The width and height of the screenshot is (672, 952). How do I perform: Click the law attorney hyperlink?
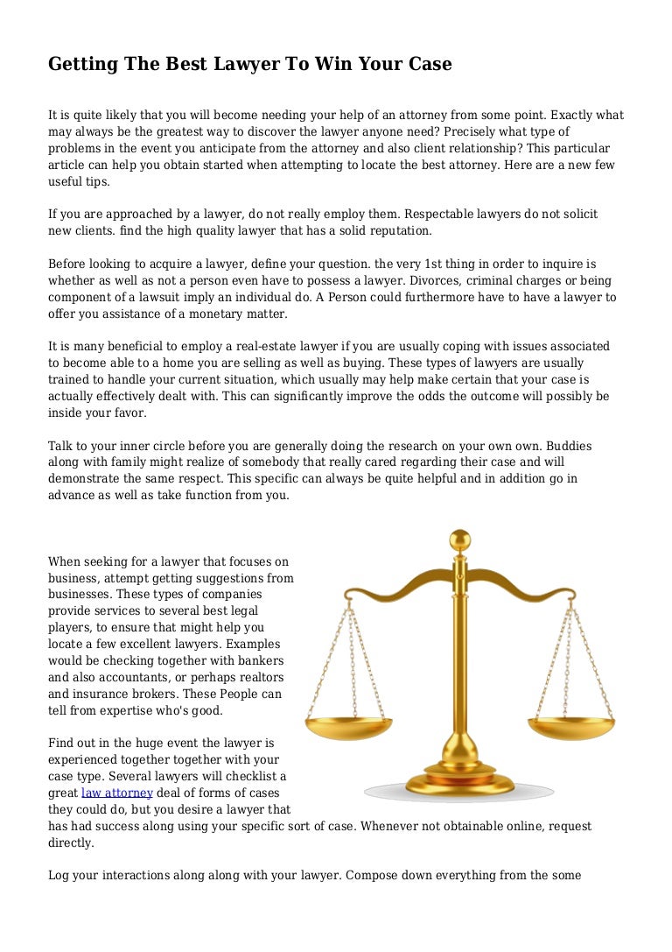point(116,793)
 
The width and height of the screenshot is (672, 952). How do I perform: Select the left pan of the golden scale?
point(348,727)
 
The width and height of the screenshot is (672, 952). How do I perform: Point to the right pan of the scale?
point(573,727)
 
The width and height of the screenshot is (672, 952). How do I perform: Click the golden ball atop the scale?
point(459,539)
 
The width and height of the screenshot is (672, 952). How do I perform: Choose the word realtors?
point(260,677)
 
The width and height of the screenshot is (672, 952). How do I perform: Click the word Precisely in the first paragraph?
point(479,131)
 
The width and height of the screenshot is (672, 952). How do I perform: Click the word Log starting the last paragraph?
point(59,875)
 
